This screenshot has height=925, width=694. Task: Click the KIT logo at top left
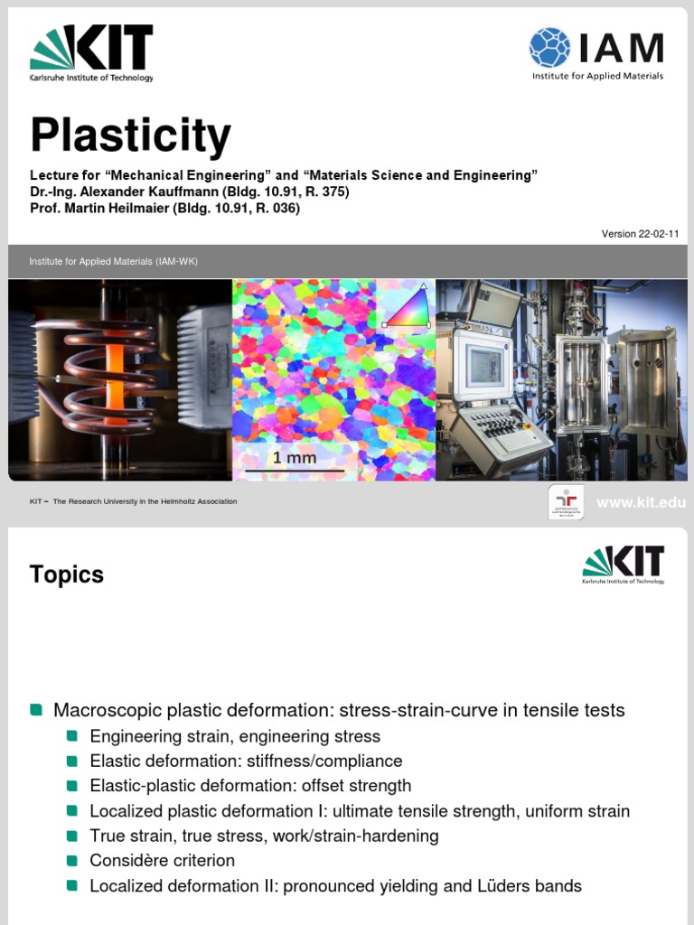91,52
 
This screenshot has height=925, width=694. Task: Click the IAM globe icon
549,47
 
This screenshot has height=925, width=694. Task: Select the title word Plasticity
130,136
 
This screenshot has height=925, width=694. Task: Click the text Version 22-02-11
640,234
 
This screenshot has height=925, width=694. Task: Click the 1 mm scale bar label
295,458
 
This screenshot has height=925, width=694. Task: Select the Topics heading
66,575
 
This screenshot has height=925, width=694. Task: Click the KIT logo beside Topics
624,565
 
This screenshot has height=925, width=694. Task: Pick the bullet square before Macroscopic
36,710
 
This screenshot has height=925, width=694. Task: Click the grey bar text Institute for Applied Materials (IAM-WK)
113,262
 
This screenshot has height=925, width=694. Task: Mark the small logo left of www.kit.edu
566,501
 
